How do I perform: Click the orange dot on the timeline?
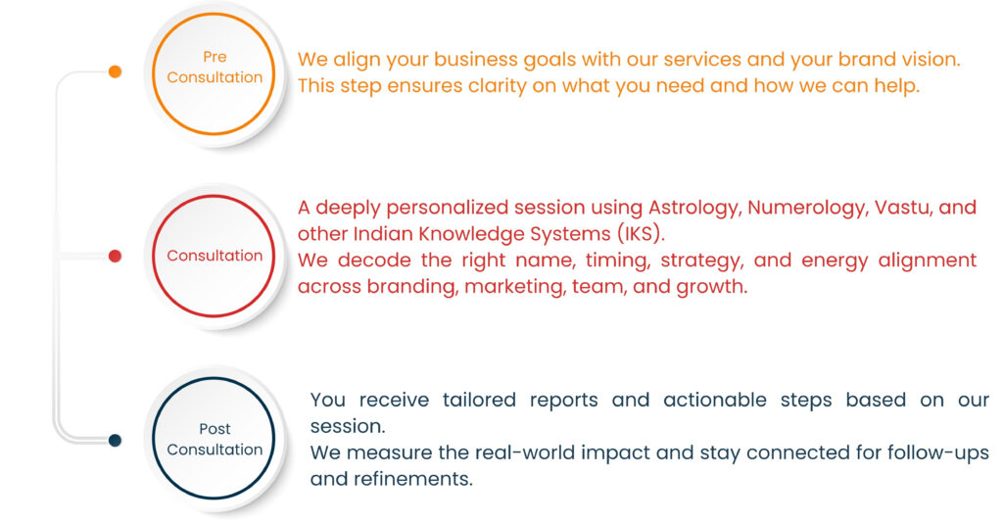(116, 71)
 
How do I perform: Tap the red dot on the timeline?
(116, 256)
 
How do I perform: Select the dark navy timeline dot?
(116, 440)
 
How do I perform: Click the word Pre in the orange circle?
(215, 57)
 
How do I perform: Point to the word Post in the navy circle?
(215, 429)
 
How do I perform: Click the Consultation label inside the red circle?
(215, 256)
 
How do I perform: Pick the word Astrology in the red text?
(694, 209)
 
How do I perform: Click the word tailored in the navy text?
(479, 400)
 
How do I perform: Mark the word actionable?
(714, 400)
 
